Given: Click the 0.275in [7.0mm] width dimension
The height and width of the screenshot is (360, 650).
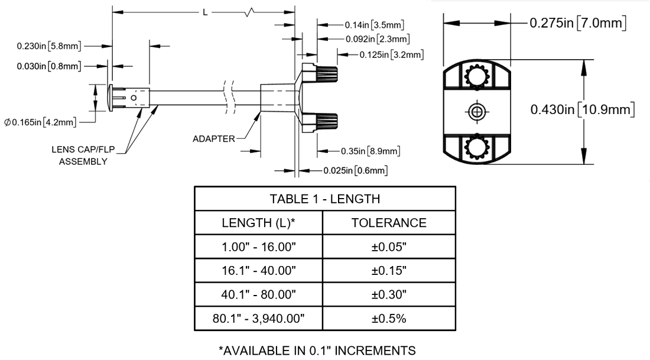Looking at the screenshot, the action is coord(577,24).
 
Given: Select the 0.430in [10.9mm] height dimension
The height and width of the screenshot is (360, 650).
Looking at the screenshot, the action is coord(582,109).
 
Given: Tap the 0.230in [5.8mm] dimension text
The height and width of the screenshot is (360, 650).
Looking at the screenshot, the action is coord(49,46).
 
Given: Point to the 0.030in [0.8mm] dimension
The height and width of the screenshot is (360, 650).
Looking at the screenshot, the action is coord(49,66).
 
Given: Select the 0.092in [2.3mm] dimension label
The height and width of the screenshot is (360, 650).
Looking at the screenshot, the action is coord(377,39).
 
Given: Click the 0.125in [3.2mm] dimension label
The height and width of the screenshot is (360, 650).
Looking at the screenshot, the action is coord(392,55).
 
